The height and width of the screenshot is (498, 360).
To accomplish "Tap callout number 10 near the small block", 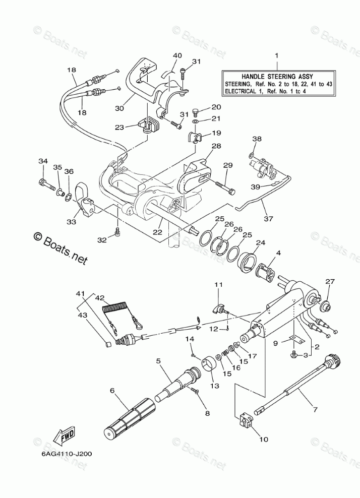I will coord(263,439).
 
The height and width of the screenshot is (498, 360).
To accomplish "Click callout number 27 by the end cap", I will coord(330,281).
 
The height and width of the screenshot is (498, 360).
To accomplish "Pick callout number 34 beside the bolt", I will coord(42,161).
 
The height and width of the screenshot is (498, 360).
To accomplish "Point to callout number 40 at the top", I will coord(176,55).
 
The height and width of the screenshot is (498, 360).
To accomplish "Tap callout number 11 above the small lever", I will coord(218,285).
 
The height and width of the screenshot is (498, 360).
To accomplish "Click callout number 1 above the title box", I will coord(276,55).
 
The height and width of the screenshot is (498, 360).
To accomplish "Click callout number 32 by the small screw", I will coord(102,240).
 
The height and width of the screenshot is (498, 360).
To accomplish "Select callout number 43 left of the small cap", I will coord(81,315).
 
